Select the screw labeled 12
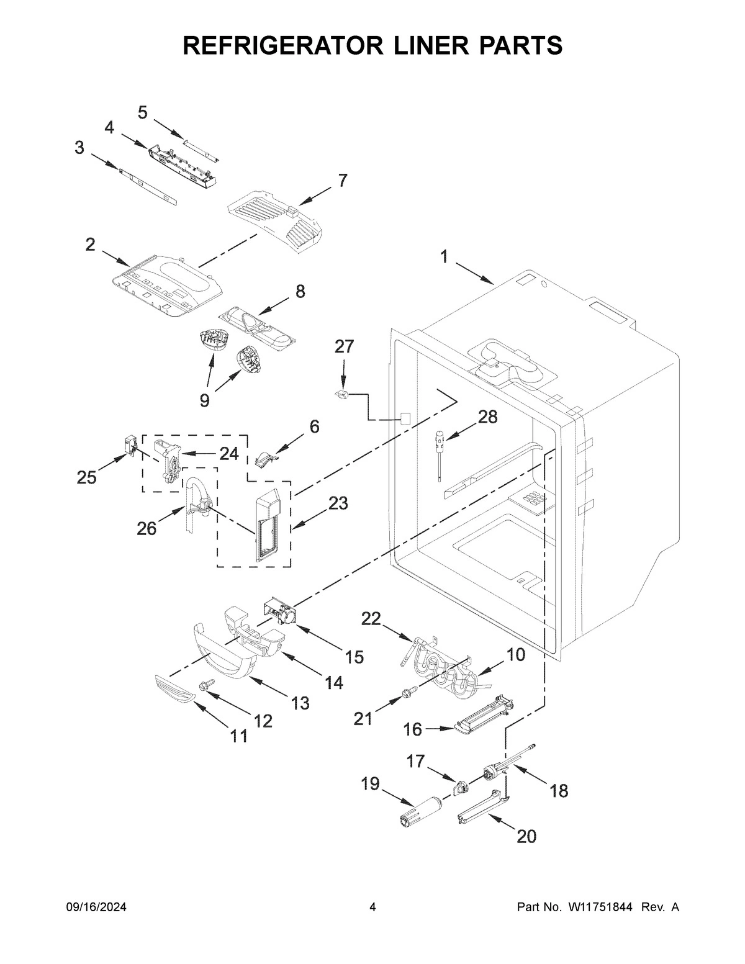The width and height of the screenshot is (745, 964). coord(206,685)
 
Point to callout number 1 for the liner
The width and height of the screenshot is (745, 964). coord(444,256)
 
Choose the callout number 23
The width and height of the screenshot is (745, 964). coord(338,503)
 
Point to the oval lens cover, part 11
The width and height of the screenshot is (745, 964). coord(174,687)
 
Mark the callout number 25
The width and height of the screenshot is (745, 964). coord(87,478)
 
